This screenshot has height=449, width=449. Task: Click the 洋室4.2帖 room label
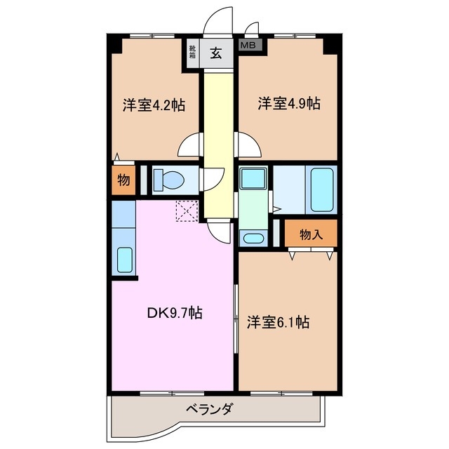coord(154,105)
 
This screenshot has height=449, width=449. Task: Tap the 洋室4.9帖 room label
coord(289,103)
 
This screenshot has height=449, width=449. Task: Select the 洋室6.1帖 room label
coord(279,322)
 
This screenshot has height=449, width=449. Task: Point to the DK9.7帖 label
coord(175,313)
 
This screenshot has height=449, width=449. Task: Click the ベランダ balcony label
coord(209,409)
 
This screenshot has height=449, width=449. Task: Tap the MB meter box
coord(250,45)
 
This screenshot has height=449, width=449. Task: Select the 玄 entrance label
coord(216,53)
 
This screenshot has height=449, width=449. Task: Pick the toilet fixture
coord(169,180)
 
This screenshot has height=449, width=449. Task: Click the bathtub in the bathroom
coord(322,190)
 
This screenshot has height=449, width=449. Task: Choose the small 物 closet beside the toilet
coord(123,180)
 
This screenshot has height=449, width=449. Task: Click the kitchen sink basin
coord(125,260)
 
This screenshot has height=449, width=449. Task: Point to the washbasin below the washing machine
coord(253,239)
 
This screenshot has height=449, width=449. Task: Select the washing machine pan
coord(253,178)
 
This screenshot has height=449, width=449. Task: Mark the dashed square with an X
coord(187,211)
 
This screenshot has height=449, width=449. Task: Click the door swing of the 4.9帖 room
coord(248,145)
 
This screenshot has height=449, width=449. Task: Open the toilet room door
coord(212,180)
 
